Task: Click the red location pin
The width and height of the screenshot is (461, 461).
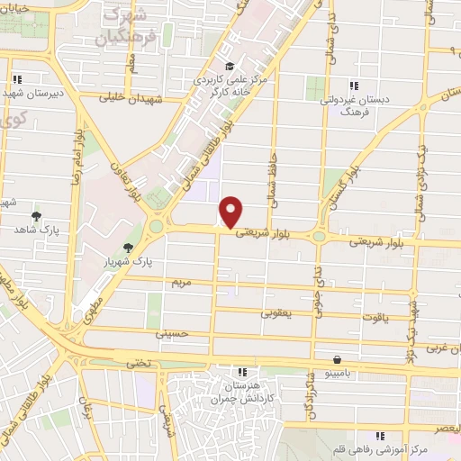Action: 231,211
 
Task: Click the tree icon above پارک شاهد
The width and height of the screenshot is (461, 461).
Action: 36,216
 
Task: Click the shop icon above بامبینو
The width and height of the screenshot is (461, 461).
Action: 337,358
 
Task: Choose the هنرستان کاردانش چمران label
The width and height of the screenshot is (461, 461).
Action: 241,390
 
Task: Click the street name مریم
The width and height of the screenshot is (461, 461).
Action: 183,283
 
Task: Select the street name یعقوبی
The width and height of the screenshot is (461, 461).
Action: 276,313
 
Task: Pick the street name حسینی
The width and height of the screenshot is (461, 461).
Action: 170,333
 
